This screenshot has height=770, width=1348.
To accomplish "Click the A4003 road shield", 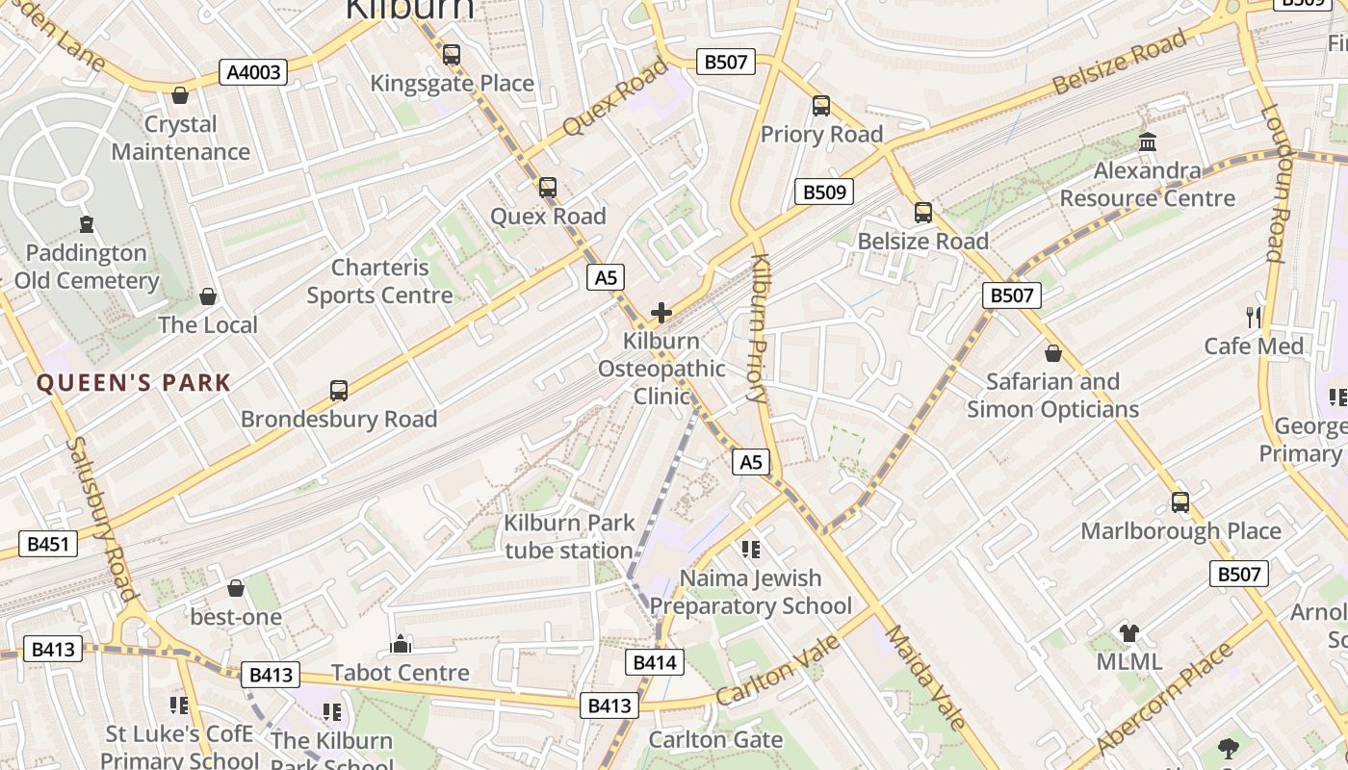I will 253,72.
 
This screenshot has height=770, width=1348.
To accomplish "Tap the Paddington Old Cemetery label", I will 87,267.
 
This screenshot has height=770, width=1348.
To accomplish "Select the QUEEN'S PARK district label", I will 134,383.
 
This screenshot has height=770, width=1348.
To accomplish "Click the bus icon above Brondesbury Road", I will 339,390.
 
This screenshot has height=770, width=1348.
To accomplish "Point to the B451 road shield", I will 48,544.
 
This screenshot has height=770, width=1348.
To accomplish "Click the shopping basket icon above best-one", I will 236,587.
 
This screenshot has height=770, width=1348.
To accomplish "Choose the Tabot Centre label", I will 401,672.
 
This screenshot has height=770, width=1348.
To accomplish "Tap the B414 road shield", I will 656,661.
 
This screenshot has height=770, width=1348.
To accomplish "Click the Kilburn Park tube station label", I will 569,536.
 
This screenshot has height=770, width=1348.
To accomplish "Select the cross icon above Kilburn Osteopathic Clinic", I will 661,312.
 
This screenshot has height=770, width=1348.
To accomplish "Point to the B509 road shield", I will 824,192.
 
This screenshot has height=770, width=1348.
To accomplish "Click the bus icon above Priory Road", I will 821,106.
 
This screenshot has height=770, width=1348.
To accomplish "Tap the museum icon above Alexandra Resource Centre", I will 1148,142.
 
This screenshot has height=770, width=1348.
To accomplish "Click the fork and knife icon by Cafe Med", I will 1254,317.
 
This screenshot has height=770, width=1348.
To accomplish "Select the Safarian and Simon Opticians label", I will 1052,395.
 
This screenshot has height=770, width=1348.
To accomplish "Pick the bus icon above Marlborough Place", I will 1180,501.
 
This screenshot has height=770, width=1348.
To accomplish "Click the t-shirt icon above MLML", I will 1129,632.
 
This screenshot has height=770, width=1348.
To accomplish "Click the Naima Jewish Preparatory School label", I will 751,591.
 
